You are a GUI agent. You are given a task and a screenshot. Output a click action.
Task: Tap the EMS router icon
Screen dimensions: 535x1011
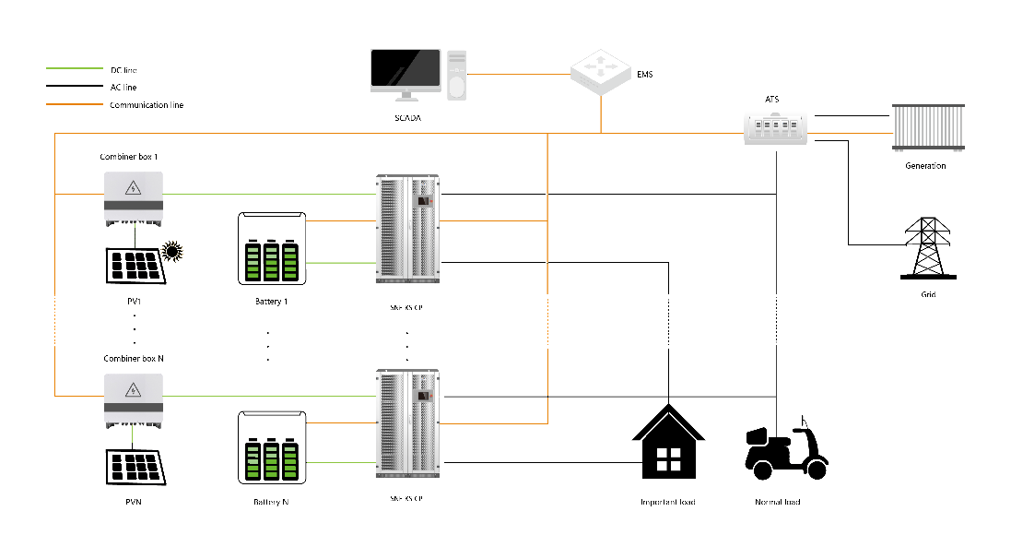pyautogui.click(x=602, y=72)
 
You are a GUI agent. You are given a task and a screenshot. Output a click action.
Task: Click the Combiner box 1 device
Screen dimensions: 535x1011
pyautogui.click(x=133, y=198)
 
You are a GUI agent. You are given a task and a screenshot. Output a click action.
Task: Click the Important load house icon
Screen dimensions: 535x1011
pyautogui.click(x=668, y=440)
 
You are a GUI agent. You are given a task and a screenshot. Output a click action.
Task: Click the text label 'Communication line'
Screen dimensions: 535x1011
pyautogui.click(x=147, y=106)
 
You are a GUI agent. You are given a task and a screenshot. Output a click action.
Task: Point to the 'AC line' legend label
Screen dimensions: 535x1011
pyautogui.click(x=123, y=88)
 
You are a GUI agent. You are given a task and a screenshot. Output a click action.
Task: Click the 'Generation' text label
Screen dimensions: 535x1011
pyautogui.click(x=926, y=166)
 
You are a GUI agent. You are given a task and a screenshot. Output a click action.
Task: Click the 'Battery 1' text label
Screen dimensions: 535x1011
pyautogui.click(x=271, y=302)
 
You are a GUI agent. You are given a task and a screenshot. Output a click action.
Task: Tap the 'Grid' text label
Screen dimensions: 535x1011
pyautogui.click(x=928, y=294)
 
